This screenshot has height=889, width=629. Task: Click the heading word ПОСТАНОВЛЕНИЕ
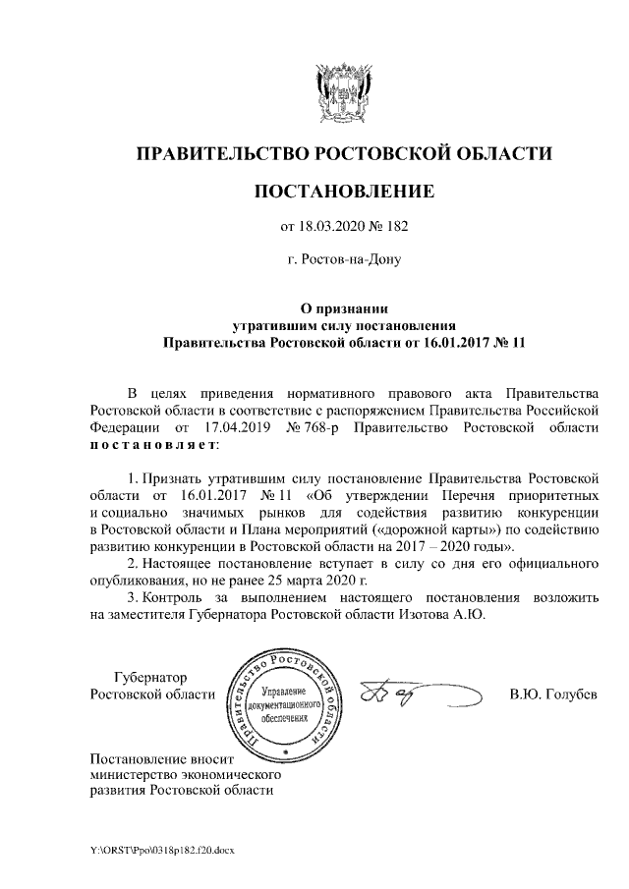343,190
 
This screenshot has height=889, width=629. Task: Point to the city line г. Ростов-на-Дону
343,260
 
